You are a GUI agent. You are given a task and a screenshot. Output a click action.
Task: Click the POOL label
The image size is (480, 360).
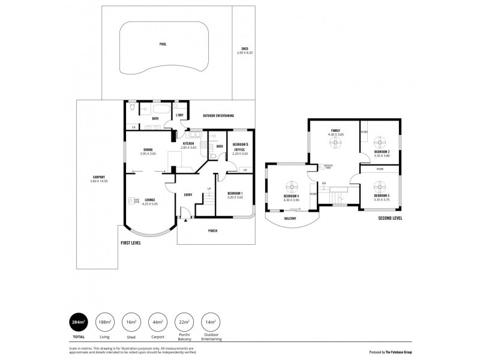[163, 44]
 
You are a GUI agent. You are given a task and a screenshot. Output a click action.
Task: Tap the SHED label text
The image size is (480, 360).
[245, 49]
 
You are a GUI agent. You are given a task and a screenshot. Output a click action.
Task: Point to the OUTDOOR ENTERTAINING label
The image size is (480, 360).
[218, 115]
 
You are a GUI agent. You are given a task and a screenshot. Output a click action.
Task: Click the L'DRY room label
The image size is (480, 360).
[179, 115]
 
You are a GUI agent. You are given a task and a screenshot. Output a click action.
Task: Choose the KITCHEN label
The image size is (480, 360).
[188, 143]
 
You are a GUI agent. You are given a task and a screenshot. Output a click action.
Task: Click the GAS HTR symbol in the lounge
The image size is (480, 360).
[131, 201]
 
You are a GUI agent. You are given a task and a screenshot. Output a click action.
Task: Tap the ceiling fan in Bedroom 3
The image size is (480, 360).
[379, 185]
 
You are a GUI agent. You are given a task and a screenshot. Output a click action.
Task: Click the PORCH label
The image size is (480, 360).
[212, 230]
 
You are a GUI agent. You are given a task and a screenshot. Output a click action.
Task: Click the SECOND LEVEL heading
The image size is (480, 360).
[390, 218]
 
